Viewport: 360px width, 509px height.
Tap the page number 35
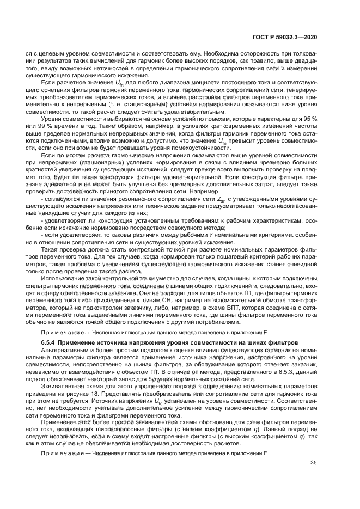[313, 463]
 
